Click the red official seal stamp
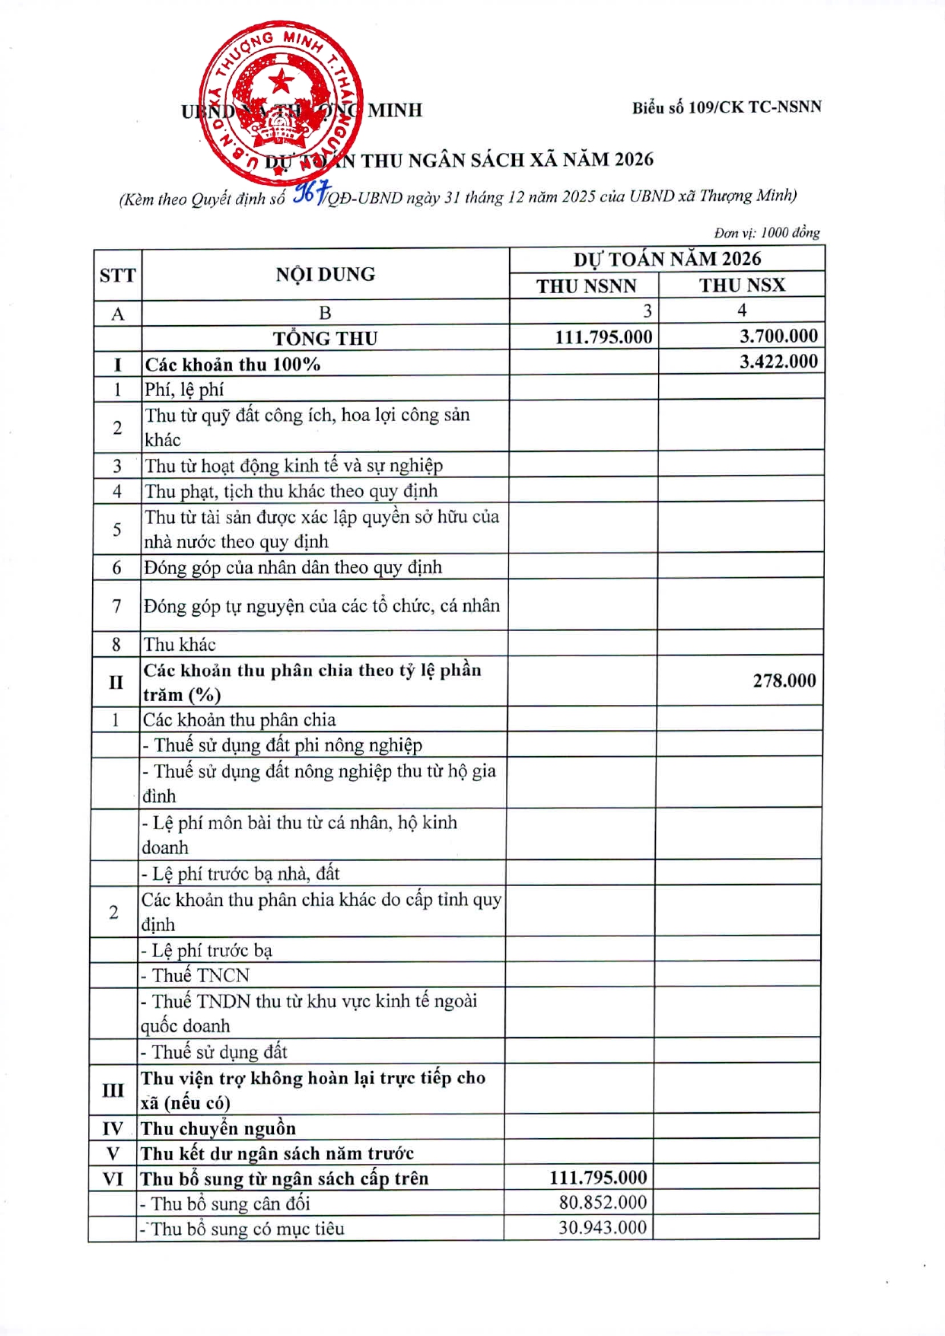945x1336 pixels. point(280,102)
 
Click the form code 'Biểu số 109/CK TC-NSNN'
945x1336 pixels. point(726,107)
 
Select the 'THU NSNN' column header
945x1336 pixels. point(586,286)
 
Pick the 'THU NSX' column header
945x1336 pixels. point(742,285)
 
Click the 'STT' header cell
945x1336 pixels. point(117,275)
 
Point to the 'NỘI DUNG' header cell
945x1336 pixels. point(325,274)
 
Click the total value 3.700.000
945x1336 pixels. point(778,336)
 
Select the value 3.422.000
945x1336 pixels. point(778,362)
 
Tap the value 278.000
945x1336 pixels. point(784,681)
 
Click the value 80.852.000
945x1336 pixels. point(603,1202)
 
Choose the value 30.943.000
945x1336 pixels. point(603,1227)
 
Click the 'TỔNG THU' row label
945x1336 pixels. point(325,338)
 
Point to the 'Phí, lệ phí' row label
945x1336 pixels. point(184,390)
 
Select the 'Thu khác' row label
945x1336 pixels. point(180,645)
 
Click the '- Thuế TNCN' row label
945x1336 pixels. point(196,975)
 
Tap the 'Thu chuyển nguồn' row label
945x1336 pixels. point(218,1128)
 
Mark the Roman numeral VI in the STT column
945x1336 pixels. point(113,1178)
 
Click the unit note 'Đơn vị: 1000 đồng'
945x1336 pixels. point(766,232)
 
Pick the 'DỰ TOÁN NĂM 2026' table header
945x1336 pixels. point(667,259)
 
